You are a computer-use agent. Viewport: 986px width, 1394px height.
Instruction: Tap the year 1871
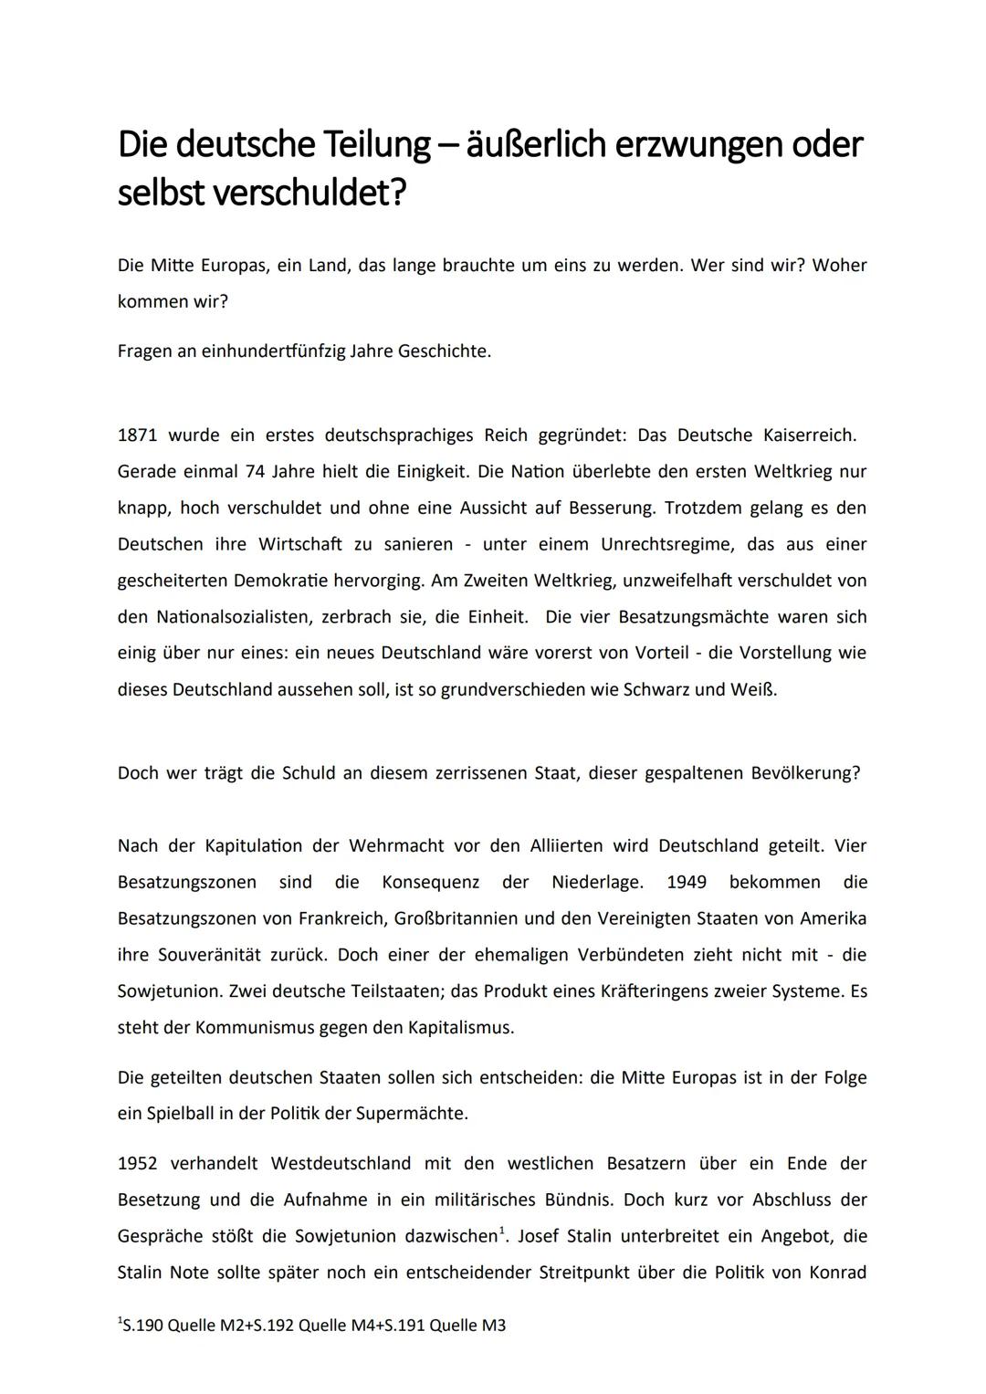click(137, 435)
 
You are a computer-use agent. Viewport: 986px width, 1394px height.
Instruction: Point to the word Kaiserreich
click(809, 435)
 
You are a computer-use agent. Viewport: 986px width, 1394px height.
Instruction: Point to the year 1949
click(687, 882)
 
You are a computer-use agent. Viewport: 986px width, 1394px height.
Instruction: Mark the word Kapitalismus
click(460, 1027)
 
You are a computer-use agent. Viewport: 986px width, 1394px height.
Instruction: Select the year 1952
click(137, 1163)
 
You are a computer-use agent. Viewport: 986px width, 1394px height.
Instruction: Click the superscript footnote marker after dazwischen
click(502, 1230)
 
